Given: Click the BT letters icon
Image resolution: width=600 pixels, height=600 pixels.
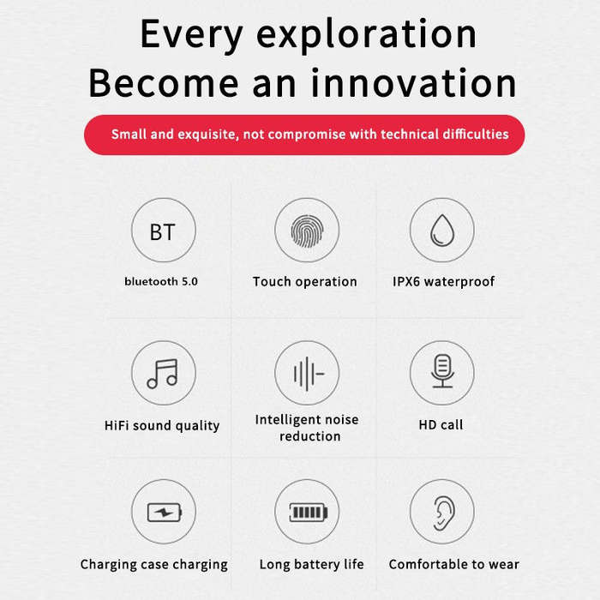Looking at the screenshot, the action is [163, 232].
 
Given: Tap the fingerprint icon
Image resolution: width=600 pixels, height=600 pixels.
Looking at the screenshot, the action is [307, 231].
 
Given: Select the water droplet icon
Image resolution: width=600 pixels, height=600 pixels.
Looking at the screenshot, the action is [442, 230].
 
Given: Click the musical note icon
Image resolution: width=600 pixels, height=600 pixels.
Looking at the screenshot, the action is [163, 374].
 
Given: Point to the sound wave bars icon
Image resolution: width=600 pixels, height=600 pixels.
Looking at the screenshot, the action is [309, 374].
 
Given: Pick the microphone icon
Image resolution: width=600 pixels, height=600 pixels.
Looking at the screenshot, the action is [442, 371].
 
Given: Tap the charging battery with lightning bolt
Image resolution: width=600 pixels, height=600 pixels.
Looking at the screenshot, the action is [165, 513].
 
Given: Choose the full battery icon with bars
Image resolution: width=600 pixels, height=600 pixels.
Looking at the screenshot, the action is [309, 512].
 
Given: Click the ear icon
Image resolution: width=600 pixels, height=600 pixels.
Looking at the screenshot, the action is [444, 513].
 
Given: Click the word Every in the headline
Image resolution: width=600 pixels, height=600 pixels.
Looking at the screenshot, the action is [192, 35].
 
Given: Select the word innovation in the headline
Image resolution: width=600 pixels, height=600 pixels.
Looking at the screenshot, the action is [414, 83].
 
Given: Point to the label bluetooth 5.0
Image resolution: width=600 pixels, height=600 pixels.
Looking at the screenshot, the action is [161, 282].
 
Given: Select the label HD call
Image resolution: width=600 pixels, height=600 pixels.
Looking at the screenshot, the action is [441, 425].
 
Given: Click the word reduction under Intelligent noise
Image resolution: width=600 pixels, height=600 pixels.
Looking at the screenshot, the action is [310, 436].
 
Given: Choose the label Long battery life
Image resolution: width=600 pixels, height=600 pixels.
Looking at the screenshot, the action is [311, 564].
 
